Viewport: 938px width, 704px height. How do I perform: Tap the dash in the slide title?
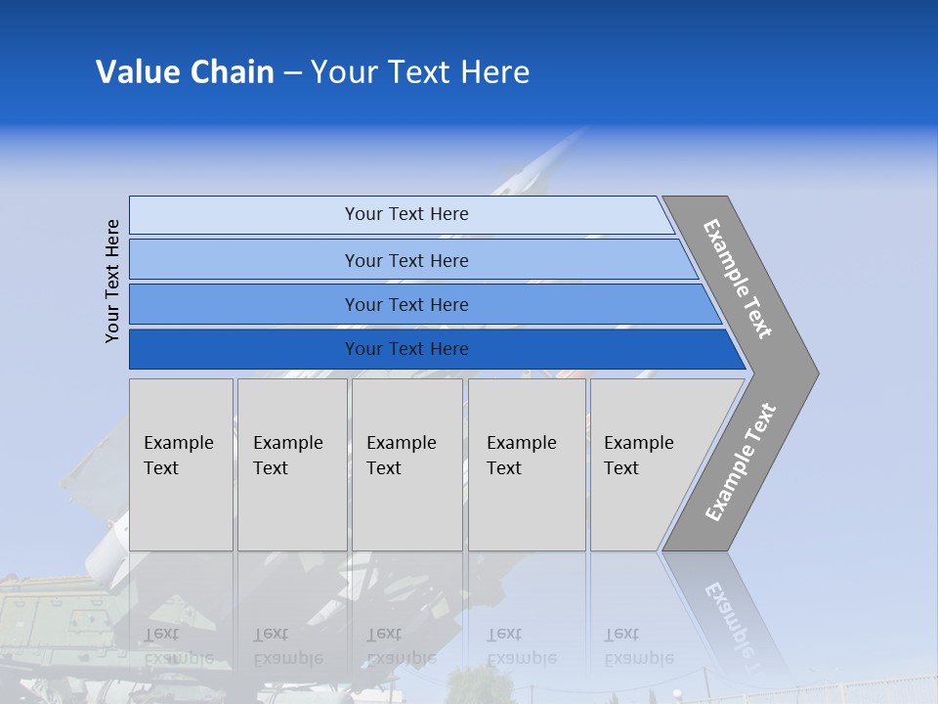pyautogui.click(x=292, y=73)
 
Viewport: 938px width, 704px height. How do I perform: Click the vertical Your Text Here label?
pyautogui.click(x=112, y=281)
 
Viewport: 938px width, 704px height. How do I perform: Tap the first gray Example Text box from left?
pyautogui.click(x=181, y=464)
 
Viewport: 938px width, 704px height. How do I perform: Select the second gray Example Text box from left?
pyautogui.click(x=292, y=464)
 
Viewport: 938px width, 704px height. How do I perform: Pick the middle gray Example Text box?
pyautogui.click(x=406, y=464)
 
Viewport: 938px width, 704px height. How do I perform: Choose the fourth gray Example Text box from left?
pyautogui.click(x=527, y=464)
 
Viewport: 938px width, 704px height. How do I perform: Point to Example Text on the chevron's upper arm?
pyautogui.click(x=738, y=279)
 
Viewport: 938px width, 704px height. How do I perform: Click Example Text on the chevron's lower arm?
pyautogui.click(x=741, y=462)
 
